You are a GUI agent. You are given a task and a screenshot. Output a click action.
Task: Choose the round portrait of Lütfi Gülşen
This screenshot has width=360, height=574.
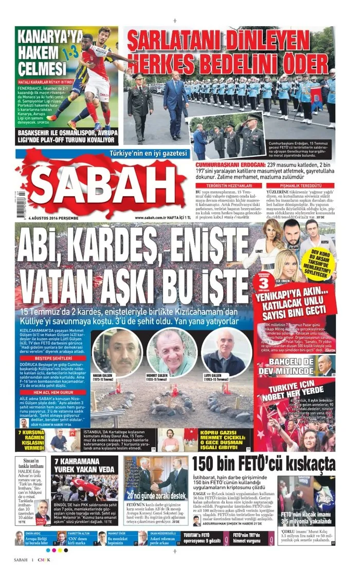(x=225, y=353)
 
